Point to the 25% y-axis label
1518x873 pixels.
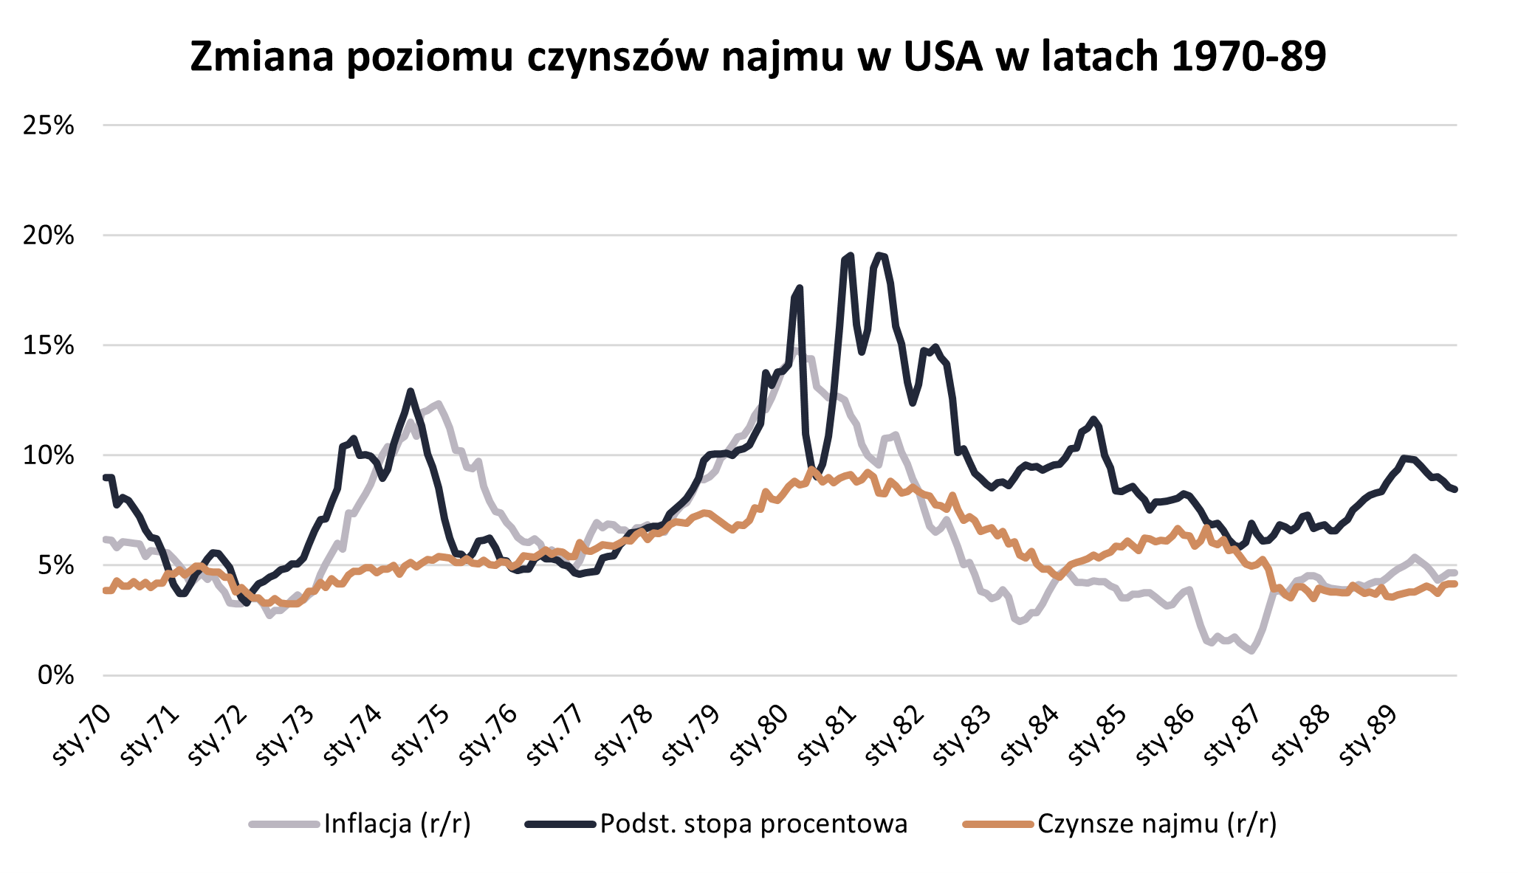pos(49,125)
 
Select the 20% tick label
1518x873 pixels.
pos(49,235)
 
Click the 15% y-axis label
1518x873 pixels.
pos(49,345)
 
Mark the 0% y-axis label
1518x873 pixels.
pos(56,675)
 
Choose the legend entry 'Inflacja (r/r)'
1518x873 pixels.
pos(397,824)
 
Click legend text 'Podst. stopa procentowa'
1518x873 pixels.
pos(754,824)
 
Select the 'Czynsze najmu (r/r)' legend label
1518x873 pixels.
pos(1157,824)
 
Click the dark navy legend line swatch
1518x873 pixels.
pos(560,824)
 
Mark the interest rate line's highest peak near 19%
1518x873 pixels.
pos(879,255)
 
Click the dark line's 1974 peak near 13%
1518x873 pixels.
pos(411,391)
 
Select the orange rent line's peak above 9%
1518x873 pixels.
pos(811,469)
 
